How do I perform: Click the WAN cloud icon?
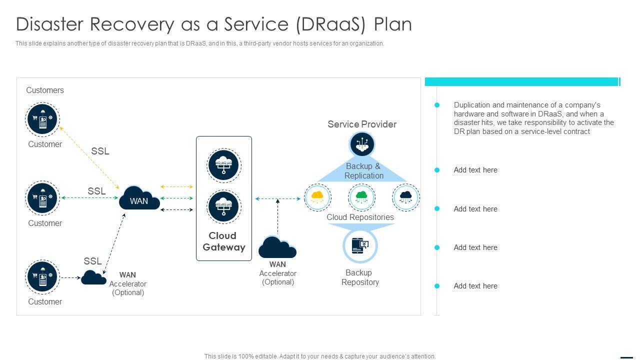coord(139,198)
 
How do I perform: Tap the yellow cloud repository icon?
coord(317,197)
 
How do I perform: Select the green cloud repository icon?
coord(361,197)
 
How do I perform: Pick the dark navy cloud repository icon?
coord(406,197)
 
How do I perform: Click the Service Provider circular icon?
coord(362,144)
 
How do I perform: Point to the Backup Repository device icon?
coord(360,245)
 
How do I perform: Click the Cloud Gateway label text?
coord(223,241)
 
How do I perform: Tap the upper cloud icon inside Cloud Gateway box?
coord(223,165)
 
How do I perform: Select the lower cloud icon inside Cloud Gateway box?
coord(223,207)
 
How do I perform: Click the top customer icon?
coord(42,119)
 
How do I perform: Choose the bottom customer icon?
coord(42,277)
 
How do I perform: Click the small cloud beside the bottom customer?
coord(93,277)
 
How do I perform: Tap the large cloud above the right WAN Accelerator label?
coord(277,247)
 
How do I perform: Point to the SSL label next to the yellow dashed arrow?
coord(100,151)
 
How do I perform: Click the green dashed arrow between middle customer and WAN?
coord(89,197)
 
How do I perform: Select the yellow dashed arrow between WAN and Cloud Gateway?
coord(176,187)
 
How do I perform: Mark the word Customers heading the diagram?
coord(45,90)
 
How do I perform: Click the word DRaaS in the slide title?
coord(331,24)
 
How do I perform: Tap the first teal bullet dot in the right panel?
coord(437,105)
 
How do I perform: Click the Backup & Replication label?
coord(363,171)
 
